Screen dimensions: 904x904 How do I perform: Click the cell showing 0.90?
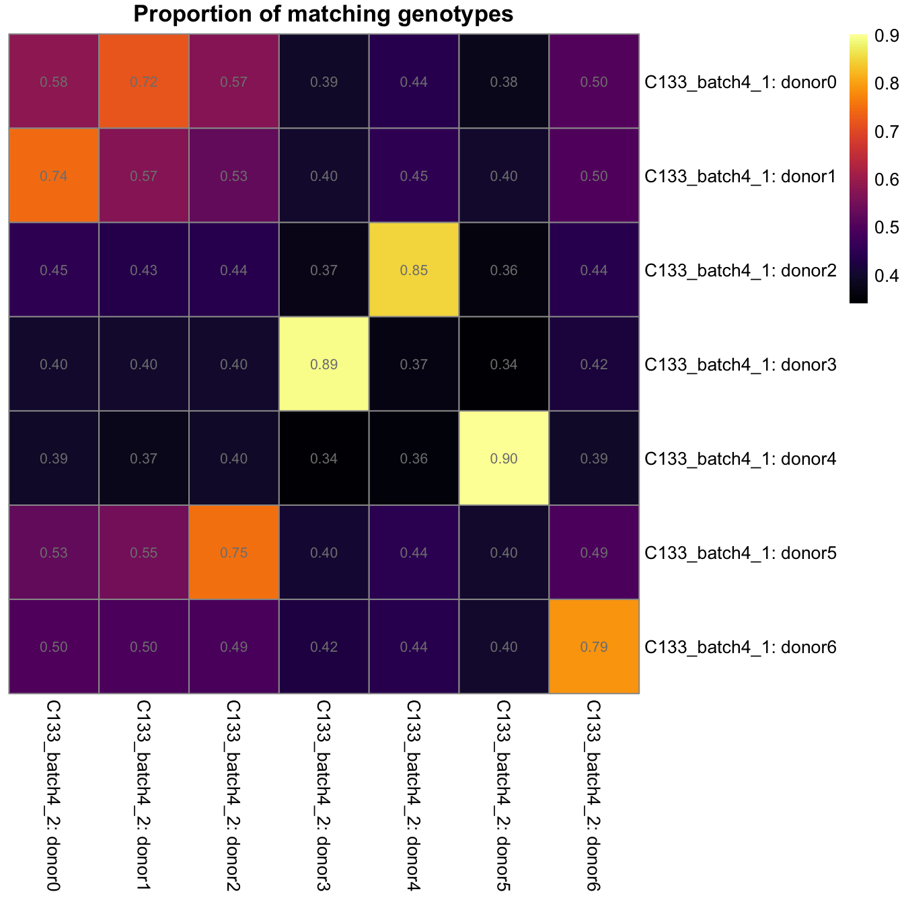[504, 458]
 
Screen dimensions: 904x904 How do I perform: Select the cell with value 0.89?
[324, 364]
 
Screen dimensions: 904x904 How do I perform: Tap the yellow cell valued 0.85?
[414, 270]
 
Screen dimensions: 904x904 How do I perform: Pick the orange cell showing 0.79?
[594, 646]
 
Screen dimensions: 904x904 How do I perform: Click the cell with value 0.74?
[54, 176]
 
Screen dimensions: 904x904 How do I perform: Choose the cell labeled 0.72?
[144, 81]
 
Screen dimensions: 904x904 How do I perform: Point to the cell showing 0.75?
[234, 552]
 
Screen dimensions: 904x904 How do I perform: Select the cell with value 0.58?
[54, 81]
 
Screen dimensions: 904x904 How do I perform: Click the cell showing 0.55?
[144, 552]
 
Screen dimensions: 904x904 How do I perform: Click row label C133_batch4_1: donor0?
[740, 83]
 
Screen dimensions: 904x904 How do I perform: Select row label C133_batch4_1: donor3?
[740, 365]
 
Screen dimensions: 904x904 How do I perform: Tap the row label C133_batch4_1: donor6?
[740, 648]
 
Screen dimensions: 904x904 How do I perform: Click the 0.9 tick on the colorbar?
[887, 36]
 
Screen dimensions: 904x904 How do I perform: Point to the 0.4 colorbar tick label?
[887, 276]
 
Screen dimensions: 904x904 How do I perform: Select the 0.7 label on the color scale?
[887, 132]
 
